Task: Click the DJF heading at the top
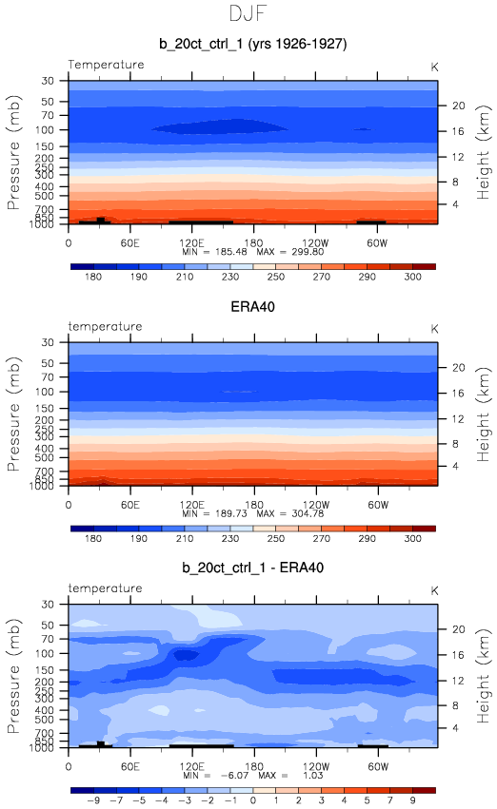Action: [x=248, y=13]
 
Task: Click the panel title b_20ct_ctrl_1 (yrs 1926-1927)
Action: [x=252, y=44]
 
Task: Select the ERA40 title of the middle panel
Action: [x=252, y=307]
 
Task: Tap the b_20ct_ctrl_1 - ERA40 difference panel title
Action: [x=252, y=568]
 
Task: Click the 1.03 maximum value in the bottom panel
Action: [x=312, y=776]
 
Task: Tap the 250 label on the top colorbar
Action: [x=275, y=277]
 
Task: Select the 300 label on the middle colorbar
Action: [x=413, y=538]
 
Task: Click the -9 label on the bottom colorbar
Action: [x=93, y=800]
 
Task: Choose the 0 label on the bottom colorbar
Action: [x=252, y=800]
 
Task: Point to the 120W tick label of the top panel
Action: [x=314, y=243]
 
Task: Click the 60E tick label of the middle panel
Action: [x=130, y=505]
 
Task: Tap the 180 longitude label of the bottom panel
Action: [x=253, y=766]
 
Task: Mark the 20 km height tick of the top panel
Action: [x=459, y=106]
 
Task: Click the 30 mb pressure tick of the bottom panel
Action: [x=48, y=605]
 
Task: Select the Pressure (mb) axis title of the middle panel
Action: [x=13, y=414]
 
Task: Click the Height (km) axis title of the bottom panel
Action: [x=483, y=676]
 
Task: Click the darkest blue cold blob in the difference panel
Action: [x=186, y=655]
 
